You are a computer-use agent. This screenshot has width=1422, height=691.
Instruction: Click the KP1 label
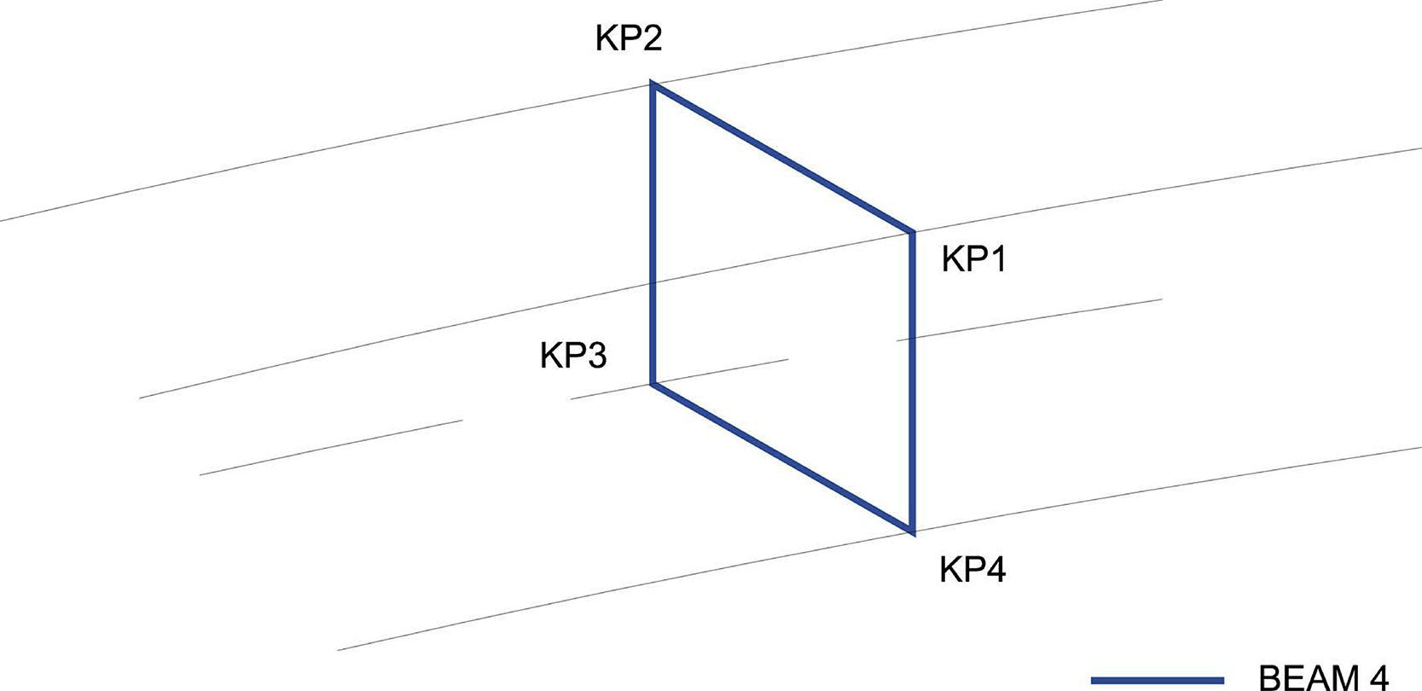[973, 258]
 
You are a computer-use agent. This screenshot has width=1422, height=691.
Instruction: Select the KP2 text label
[629, 39]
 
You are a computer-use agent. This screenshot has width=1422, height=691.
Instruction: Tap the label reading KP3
[572, 355]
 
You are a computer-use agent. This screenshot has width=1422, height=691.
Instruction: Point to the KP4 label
[972, 569]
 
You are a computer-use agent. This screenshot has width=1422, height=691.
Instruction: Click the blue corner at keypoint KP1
[912, 232]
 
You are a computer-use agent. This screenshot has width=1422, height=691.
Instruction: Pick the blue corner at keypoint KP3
[653, 383]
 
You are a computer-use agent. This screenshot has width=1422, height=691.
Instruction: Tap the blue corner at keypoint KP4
[912, 531]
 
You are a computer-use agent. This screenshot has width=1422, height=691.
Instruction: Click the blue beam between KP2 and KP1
[782, 159]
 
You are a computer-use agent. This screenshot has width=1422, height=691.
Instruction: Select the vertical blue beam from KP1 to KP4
[912, 381]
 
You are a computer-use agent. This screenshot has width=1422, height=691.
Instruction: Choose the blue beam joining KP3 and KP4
[782, 457]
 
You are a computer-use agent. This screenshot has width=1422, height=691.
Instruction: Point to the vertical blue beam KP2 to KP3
[653, 235]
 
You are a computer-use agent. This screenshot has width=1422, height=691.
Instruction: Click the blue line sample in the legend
[1157, 680]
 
